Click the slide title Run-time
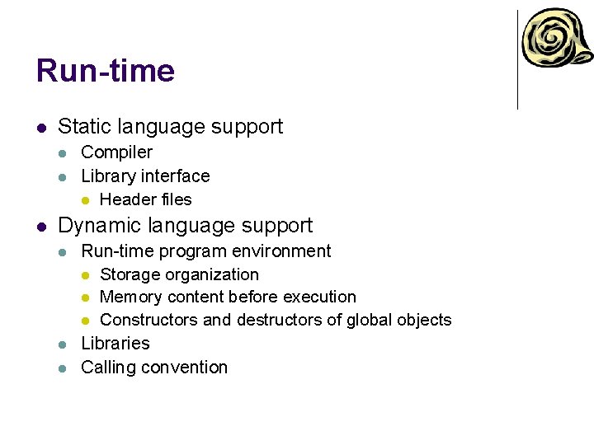(106, 72)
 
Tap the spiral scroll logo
(557, 40)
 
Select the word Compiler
(116, 152)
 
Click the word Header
(127, 199)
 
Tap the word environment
(283, 251)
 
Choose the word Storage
(130, 274)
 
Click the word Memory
(130, 297)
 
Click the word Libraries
(115, 344)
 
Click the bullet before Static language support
(41, 128)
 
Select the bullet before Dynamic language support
(41, 227)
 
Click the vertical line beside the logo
(517, 59)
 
